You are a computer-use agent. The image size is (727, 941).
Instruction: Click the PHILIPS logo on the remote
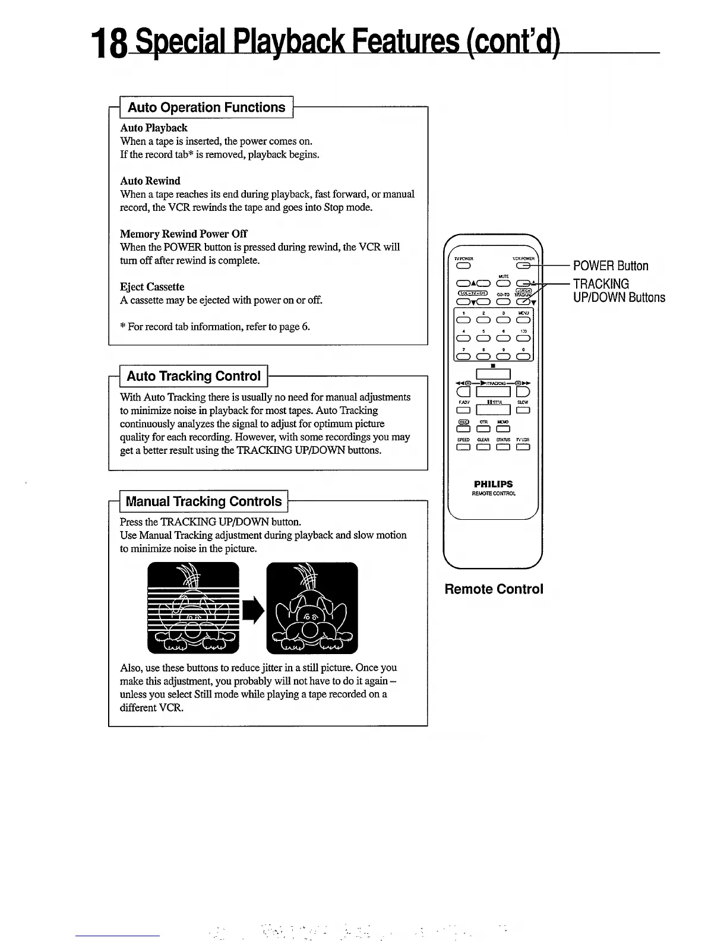[494, 484]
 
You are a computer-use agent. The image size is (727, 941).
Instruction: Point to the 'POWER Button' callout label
[611, 266]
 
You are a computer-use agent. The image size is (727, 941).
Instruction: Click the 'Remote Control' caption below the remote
[494, 589]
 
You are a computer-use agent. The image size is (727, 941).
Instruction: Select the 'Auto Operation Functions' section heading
[207, 108]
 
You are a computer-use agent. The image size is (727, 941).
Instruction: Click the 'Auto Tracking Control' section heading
[194, 376]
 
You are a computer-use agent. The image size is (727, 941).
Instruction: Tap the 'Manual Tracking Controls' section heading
[204, 501]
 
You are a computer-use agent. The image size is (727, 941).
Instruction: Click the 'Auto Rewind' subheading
[150, 181]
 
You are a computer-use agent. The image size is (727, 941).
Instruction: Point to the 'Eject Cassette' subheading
[152, 286]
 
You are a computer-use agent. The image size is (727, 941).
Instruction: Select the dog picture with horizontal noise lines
[193, 608]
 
